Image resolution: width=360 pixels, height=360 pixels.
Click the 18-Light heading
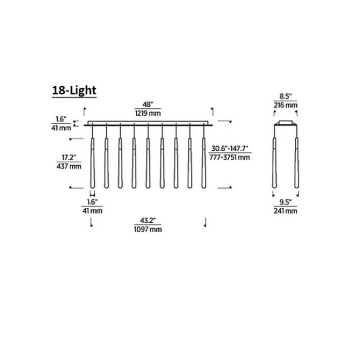point(74,90)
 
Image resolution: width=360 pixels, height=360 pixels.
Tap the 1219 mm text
point(148,113)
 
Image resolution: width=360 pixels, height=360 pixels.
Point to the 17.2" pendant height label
point(68,158)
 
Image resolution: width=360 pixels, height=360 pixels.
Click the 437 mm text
point(69,166)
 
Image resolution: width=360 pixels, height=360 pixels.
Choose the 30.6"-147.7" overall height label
point(229,149)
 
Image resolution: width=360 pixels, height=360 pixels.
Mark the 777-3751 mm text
point(229,157)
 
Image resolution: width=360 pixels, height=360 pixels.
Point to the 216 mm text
point(285,105)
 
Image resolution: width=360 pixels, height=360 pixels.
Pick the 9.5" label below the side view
point(285,202)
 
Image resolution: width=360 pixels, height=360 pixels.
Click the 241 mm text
point(285,210)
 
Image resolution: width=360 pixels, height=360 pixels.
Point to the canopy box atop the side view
point(285,123)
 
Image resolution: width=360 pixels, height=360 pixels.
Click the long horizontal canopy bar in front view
point(148,122)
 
